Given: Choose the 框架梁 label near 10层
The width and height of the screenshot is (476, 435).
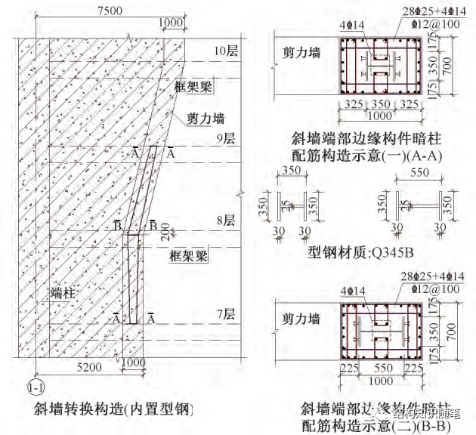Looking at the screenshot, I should (x=192, y=85).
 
